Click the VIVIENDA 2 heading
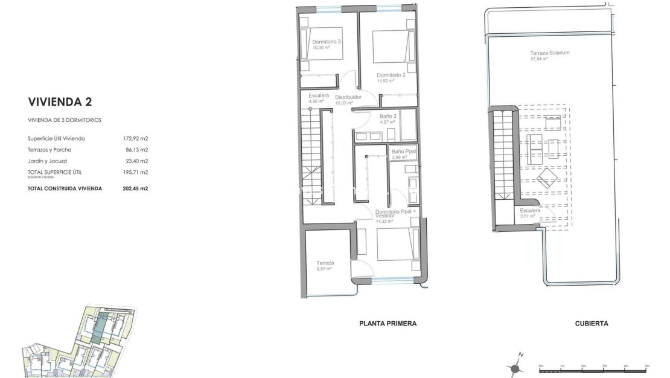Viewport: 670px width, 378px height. (60, 101)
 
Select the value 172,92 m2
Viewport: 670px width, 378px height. (136, 138)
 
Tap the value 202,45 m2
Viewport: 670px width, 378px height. (135, 188)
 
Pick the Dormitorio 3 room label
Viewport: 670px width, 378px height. (327, 42)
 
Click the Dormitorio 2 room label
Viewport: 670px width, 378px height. (391, 75)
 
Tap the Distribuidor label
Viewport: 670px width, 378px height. (348, 97)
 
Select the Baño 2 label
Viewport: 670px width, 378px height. (388, 116)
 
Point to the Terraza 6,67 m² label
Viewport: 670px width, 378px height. (325, 263)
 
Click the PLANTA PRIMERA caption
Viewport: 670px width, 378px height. (388, 324)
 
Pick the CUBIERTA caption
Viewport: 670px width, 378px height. (592, 324)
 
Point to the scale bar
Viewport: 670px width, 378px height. (594, 367)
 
